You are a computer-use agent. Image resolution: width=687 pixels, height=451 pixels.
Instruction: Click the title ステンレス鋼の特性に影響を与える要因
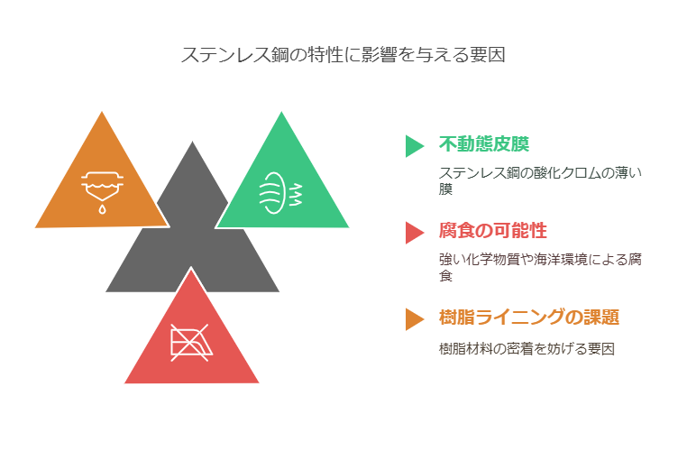pyautogui.click(x=343, y=55)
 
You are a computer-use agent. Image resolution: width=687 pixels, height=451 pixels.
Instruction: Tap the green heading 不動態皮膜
pyautogui.click(x=484, y=143)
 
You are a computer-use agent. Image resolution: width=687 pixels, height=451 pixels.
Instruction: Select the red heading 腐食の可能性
pyautogui.click(x=493, y=231)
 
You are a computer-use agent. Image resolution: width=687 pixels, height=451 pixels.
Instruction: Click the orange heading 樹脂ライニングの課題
pyautogui.click(x=529, y=317)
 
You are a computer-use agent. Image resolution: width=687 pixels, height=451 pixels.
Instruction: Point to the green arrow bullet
pyautogui.click(x=414, y=146)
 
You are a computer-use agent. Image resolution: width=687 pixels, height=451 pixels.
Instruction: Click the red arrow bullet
pyautogui.click(x=414, y=233)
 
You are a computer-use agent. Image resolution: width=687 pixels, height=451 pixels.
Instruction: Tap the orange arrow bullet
pyautogui.click(x=414, y=319)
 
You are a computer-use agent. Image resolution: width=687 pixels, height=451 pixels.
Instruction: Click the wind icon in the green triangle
pyautogui.click(x=280, y=193)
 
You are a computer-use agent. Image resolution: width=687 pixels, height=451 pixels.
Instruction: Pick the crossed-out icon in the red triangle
pyautogui.click(x=191, y=343)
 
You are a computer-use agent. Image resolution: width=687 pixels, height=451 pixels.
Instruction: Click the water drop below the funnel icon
pyautogui.click(x=102, y=209)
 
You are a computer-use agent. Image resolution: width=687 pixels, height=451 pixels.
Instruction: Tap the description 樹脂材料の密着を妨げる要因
pyautogui.click(x=527, y=349)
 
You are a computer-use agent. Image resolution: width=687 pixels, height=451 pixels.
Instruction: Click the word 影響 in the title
pyautogui.click(x=380, y=55)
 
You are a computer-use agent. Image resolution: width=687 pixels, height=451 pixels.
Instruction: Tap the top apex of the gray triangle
pyautogui.click(x=192, y=142)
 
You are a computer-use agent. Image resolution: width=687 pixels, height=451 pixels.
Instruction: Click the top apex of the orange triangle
pyautogui.click(x=102, y=112)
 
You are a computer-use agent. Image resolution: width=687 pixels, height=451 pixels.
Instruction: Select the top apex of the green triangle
pyautogui.click(x=281, y=112)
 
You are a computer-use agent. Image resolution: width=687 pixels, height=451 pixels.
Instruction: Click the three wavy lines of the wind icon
pyautogui.click(x=296, y=195)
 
